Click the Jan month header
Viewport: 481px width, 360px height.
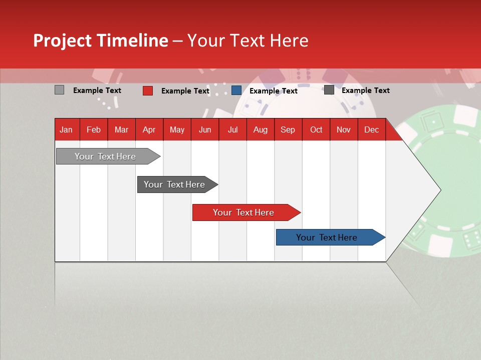[x=66, y=130]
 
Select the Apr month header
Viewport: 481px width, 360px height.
[x=149, y=130]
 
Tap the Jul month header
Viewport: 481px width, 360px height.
[x=233, y=130]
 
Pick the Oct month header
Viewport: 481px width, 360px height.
[x=316, y=130]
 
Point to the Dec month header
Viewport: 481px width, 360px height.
[x=371, y=130]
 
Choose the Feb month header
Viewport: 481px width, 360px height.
[x=94, y=130]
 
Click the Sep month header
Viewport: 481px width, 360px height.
[x=288, y=130]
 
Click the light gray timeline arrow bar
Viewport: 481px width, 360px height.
[x=108, y=156]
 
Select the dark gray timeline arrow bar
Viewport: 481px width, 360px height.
[x=177, y=184]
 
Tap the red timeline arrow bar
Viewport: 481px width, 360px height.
[x=247, y=212]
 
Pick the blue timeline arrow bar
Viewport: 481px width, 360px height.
[x=331, y=237]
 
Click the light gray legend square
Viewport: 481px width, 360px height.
[x=59, y=90]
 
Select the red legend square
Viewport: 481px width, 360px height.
[x=147, y=90]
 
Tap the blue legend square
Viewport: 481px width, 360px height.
[x=236, y=90]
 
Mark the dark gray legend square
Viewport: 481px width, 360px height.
[x=329, y=90]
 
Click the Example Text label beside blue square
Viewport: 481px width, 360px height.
[x=274, y=91]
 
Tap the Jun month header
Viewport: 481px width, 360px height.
[x=205, y=130]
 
